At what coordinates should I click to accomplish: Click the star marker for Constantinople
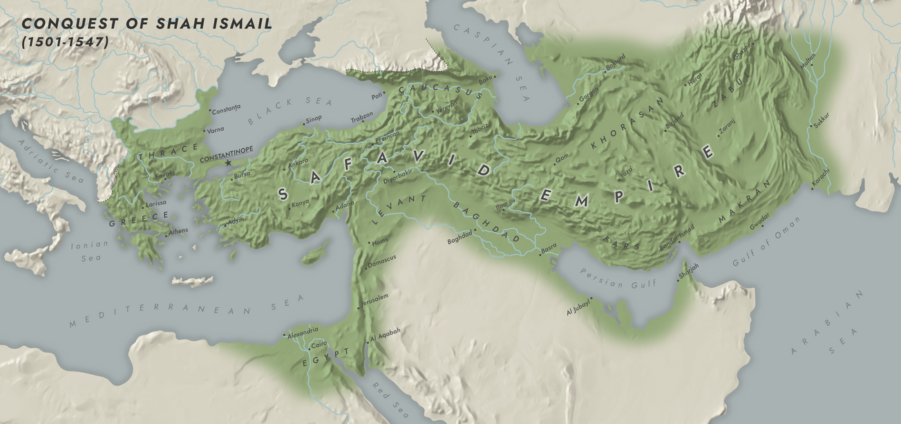229,163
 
